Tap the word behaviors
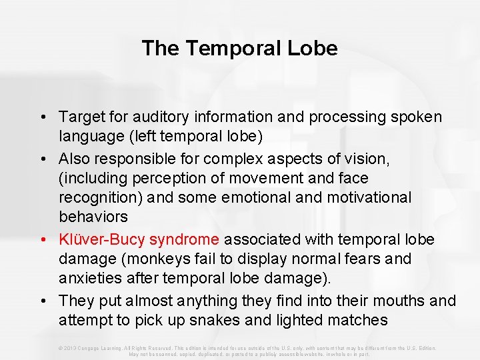(93, 217)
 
